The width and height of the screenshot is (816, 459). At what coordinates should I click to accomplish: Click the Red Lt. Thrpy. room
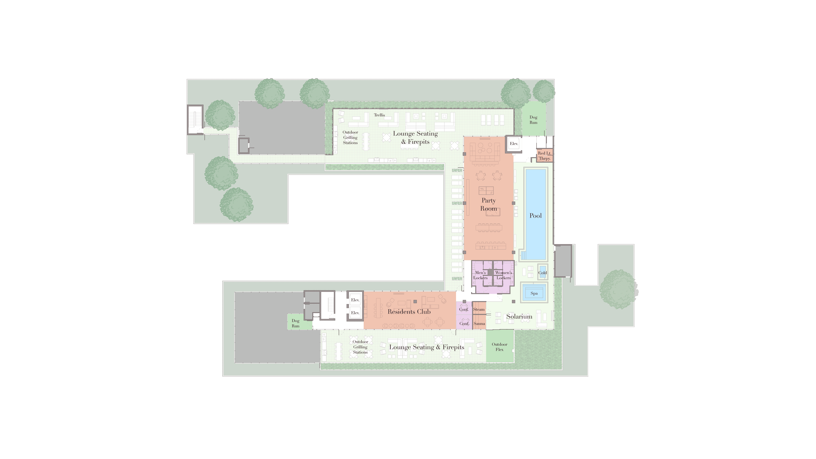coord(545,156)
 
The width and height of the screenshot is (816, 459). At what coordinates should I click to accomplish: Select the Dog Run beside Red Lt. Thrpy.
coord(533,119)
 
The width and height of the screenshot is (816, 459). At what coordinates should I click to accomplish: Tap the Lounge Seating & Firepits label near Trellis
coord(415,137)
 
